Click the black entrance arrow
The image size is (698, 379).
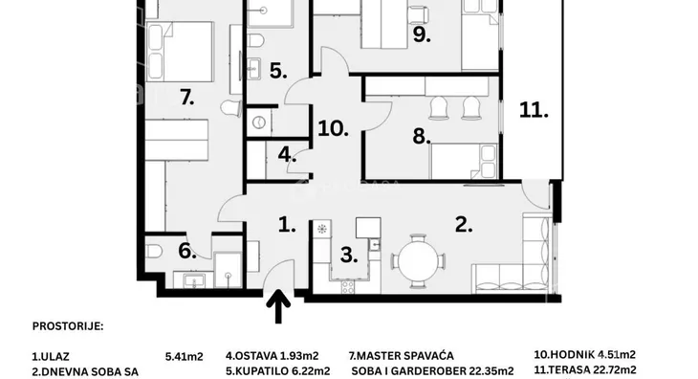pos(278,306)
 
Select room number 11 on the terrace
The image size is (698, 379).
pos(534,110)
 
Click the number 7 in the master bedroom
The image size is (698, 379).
pos(187,97)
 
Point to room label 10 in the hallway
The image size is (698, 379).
pos(334,128)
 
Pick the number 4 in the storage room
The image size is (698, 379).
pos(287,154)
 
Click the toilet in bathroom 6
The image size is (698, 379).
pos(154,252)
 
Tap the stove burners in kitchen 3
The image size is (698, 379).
pos(348,287)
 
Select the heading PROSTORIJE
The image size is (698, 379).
pos(68,326)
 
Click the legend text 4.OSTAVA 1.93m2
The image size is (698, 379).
pos(272,356)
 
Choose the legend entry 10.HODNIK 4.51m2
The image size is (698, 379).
pos(585,354)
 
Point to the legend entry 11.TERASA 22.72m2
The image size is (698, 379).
pos(585,369)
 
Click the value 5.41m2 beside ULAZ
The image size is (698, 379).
pos(185,357)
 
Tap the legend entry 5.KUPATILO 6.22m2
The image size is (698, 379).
pos(278,370)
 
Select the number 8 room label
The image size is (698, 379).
pos(421,136)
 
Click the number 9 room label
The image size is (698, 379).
pos(421,34)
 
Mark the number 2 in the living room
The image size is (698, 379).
pos(464,225)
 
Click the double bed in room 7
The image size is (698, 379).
pos(180,52)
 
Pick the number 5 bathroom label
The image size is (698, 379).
pos(278,71)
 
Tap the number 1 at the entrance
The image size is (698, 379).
pos(287,225)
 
